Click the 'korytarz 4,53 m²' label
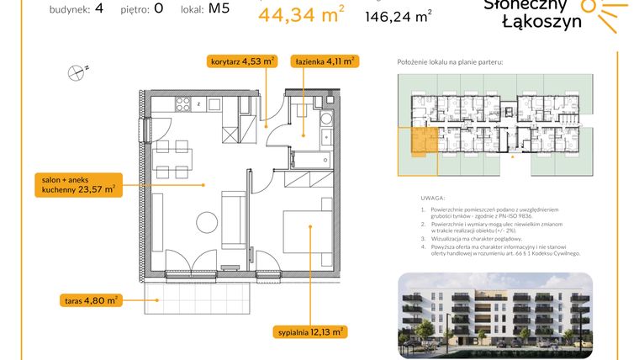click(x=242, y=61)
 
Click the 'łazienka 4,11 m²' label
click(x=324, y=61)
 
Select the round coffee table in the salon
click(x=207, y=221)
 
